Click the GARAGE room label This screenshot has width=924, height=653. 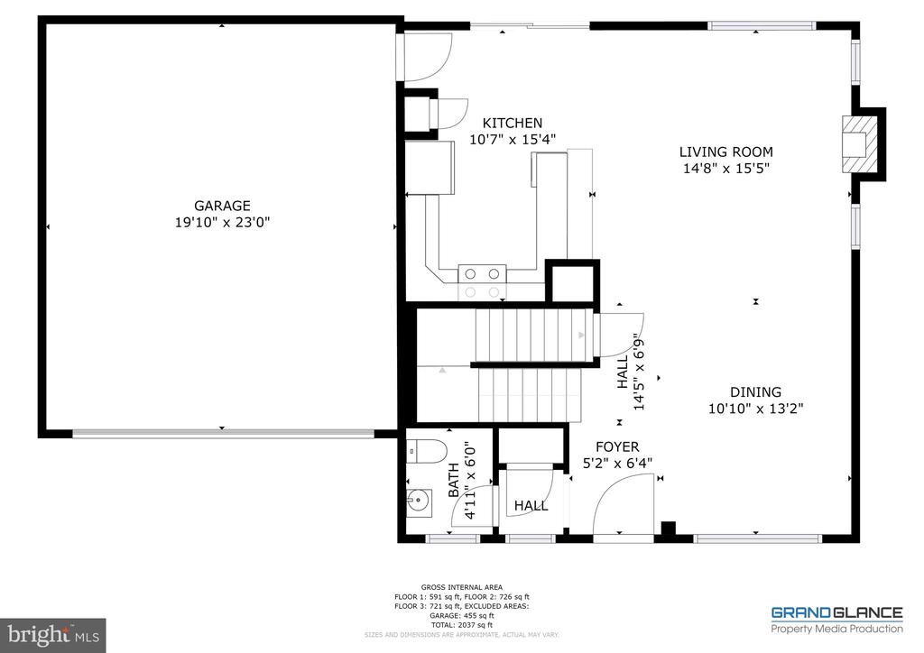pos(221,206)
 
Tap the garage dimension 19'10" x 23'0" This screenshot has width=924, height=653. pos(221,222)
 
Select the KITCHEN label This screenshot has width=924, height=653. pos(513,124)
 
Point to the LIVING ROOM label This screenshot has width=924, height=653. pos(725,152)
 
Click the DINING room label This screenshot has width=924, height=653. pos(755,392)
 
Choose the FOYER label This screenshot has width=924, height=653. pos(617,447)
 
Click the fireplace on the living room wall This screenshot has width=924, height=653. pos(858,143)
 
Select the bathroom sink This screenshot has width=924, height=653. pos(420,501)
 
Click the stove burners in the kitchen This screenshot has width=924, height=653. pos(482,281)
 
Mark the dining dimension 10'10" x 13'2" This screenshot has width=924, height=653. pos(755,408)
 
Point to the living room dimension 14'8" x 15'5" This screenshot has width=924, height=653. pos(725,168)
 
